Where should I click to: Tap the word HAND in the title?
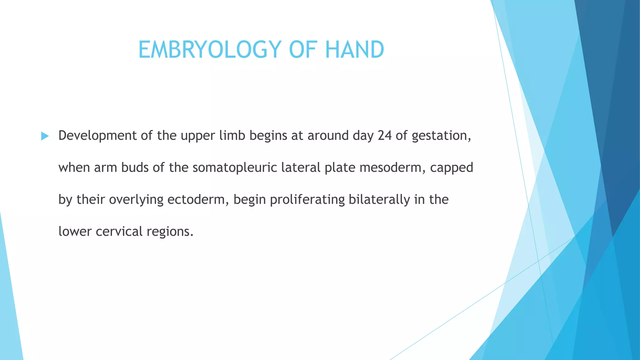(x=354, y=50)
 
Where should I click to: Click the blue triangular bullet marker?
(x=45, y=136)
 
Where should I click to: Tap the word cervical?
(x=119, y=232)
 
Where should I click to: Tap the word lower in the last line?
(x=75, y=232)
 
